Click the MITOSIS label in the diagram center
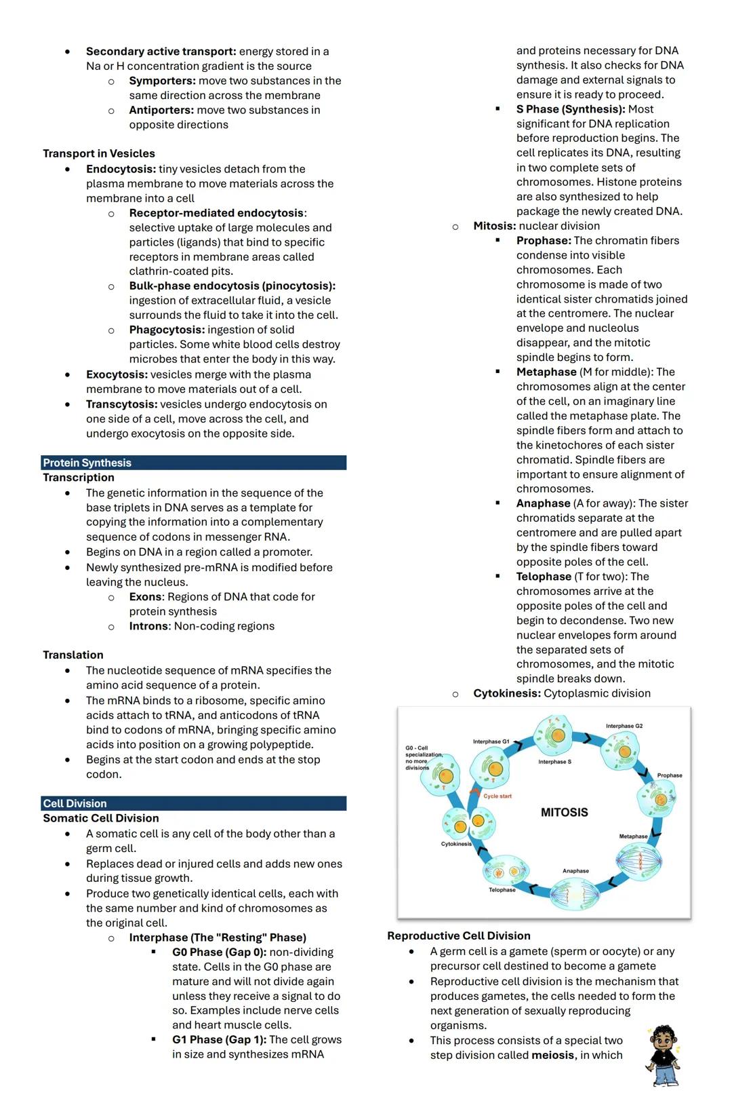[x=564, y=812]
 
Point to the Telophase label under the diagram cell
[x=502, y=890]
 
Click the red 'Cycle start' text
[x=497, y=796]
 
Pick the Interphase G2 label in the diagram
[x=624, y=726]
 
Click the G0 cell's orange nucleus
[x=446, y=777]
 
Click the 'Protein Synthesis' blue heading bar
[x=194, y=463]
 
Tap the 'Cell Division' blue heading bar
[x=194, y=803]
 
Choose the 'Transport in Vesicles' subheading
[x=99, y=153]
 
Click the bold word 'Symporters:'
[x=162, y=81]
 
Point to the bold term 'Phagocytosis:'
[x=167, y=330]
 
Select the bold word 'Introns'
[x=148, y=626]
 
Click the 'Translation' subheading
[x=73, y=655]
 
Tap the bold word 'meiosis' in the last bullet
[x=552, y=1055]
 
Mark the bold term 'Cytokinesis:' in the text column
[x=506, y=693]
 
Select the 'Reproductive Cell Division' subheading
[x=459, y=935]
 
